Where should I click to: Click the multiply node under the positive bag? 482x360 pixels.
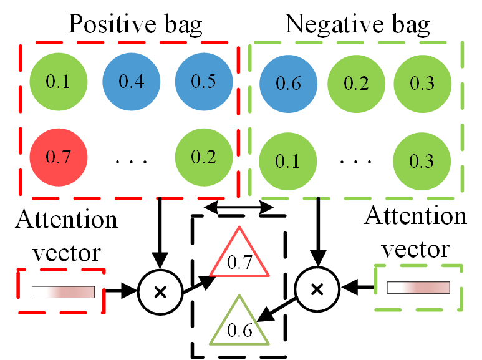(160, 290)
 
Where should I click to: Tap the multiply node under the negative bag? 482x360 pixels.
(317, 289)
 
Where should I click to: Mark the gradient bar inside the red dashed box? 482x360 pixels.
(62, 291)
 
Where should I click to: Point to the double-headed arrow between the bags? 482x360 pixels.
(239, 207)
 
